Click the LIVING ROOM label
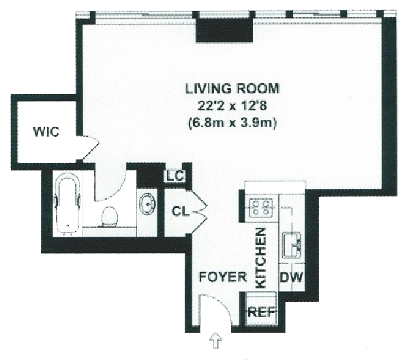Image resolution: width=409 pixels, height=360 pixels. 232,89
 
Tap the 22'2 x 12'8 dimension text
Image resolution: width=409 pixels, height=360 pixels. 232,106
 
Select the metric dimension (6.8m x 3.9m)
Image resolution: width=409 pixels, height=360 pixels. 232,123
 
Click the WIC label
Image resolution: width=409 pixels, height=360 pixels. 46,132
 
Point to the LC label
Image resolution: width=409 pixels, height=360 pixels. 175,177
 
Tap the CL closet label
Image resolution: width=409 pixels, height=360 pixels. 181,211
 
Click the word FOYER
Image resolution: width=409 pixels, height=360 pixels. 223,277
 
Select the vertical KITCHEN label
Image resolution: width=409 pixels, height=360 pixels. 260,258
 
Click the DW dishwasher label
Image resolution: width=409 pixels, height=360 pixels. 292,277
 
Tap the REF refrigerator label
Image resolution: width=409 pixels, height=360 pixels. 261,312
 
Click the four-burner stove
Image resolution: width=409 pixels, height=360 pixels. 261,208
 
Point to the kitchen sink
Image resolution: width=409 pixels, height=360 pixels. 292,245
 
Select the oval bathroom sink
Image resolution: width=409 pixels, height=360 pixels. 147,205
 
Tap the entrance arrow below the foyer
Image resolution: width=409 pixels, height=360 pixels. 216,340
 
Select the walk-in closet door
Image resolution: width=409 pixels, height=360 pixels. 91,147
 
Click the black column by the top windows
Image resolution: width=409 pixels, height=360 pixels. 224,30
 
